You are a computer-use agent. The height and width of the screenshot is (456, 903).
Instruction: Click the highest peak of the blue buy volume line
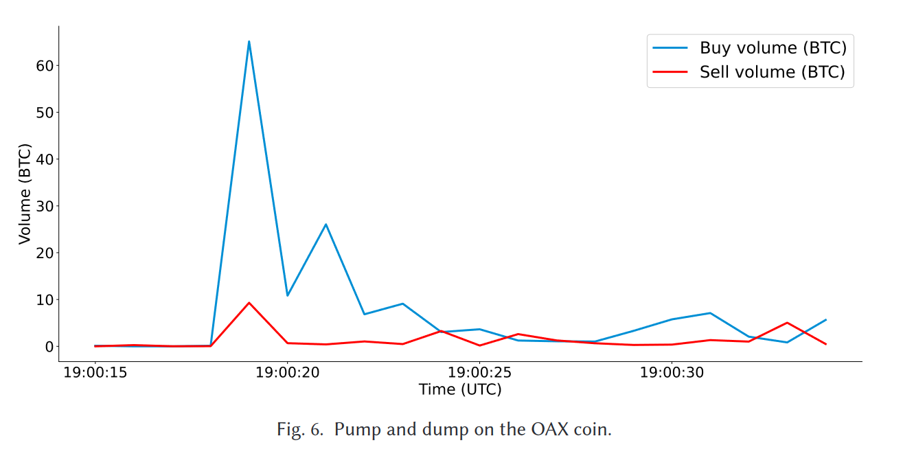(249, 42)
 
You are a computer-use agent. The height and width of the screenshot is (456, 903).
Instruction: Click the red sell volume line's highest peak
(249, 303)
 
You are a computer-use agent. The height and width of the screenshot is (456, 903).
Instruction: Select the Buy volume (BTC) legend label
(773, 48)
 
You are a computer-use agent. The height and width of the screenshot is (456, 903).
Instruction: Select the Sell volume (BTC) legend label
(772, 72)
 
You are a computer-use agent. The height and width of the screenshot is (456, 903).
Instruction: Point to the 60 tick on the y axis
(45, 66)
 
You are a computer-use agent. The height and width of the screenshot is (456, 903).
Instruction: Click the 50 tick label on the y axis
(45, 113)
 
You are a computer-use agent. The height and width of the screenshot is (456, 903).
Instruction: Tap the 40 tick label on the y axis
(45, 159)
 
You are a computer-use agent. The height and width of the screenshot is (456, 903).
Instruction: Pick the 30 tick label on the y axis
(45, 206)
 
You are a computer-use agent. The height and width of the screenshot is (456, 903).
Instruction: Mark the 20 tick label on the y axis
(45, 253)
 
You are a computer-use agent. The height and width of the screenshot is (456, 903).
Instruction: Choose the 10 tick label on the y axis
(45, 300)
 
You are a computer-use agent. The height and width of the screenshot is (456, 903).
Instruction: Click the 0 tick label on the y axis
(49, 347)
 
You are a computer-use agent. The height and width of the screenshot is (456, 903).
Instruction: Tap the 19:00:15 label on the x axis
(95, 373)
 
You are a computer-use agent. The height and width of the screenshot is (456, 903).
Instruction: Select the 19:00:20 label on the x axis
(287, 373)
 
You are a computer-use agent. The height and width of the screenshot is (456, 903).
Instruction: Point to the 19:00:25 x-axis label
(479, 373)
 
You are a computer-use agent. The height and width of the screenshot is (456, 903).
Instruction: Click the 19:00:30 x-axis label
(672, 373)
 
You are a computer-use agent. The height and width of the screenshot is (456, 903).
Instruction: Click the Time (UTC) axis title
(460, 389)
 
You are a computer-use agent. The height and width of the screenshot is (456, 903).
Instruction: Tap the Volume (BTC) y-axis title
(25, 194)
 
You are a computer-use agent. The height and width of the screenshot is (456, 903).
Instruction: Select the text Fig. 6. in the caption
(299, 431)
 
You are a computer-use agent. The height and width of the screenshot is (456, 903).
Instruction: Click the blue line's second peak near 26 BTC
(325, 225)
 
